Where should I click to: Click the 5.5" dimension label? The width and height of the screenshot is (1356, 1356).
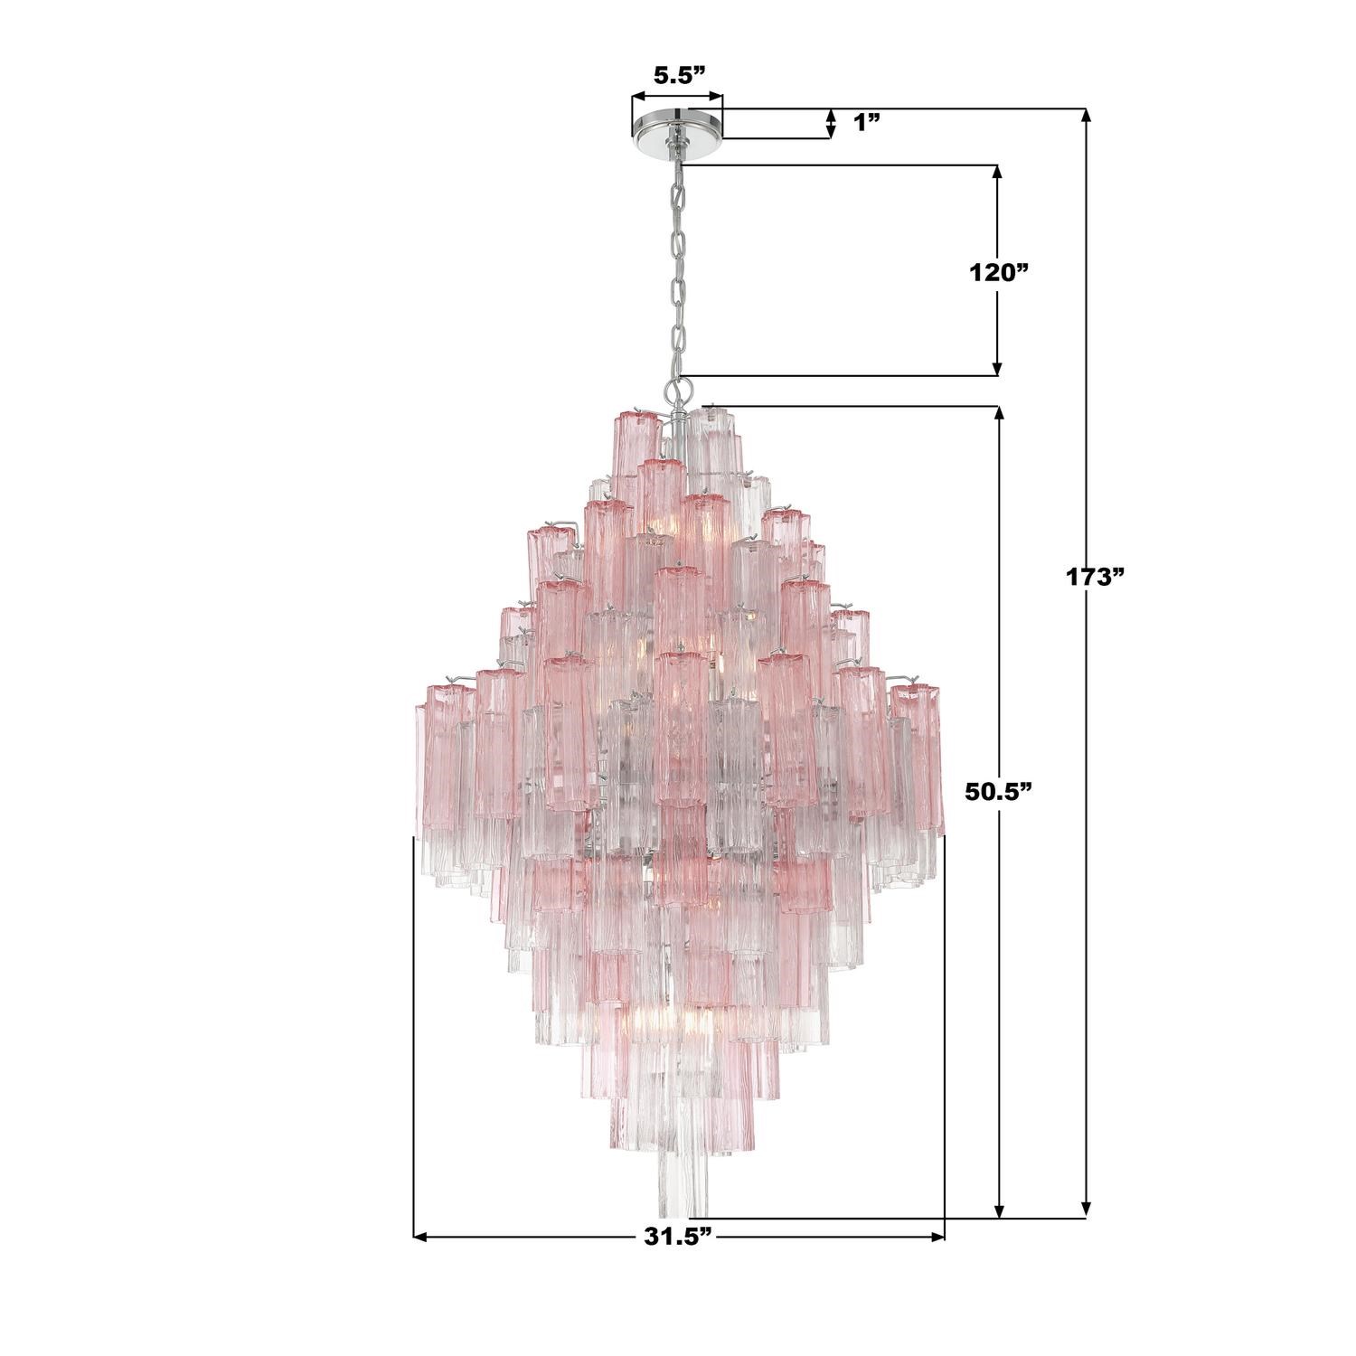point(678,76)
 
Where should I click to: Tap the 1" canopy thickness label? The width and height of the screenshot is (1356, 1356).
point(867,122)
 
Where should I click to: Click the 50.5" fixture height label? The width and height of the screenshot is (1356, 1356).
point(999,792)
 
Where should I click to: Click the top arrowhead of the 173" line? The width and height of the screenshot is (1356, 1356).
point(1087,117)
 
